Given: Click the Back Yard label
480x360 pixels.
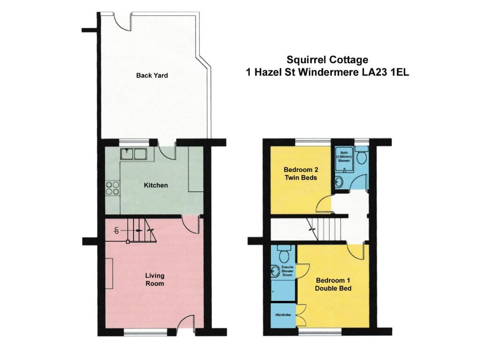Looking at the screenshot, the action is click(x=152, y=75).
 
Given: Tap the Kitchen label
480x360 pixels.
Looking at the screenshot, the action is click(x=156, y=185).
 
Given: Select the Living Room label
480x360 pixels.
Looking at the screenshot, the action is click(x=155, y=279).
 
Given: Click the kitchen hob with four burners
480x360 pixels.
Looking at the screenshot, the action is click(x=112, y=188).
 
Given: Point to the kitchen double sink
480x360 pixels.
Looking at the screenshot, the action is click(x=134, y=154).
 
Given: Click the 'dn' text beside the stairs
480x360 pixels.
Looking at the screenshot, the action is click(x=116, y=230).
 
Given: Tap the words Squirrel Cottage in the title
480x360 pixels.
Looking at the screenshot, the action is click(x=327, y=60).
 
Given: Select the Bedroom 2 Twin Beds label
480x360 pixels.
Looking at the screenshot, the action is click(x=300, y=173).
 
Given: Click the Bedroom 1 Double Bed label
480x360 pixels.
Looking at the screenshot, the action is click(x=333, y=285).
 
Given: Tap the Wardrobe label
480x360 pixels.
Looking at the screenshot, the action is click(x=283, y=315).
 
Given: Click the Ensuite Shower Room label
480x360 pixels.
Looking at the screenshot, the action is click(x=287, y=271).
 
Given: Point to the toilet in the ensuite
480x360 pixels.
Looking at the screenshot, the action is click(x=282, y=252).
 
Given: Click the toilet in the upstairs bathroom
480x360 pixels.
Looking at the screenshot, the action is click(x=361, y=156).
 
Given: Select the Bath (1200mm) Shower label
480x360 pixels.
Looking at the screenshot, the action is click(x=344, y=157).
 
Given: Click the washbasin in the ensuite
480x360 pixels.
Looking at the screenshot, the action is click(x=275, y=270).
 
